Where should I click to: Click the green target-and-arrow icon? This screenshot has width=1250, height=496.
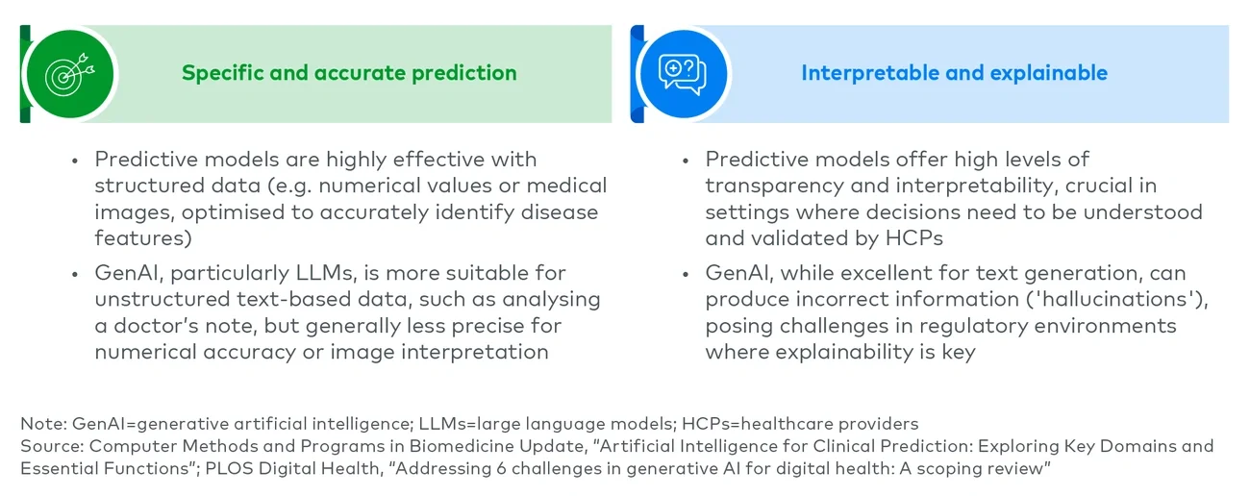[x=66, y=74]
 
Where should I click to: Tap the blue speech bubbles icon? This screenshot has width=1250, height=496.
[x=681, y=74]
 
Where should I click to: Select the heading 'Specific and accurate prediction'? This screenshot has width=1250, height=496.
[x=349, y=73]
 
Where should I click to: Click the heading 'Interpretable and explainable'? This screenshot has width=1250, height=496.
[x=954, y=73]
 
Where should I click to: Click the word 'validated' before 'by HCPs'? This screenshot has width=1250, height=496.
[x=798, y=237]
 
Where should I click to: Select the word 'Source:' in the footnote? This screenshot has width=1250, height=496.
[x=48, y=446]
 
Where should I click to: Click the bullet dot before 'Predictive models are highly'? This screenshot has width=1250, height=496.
[x=75, y=161]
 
